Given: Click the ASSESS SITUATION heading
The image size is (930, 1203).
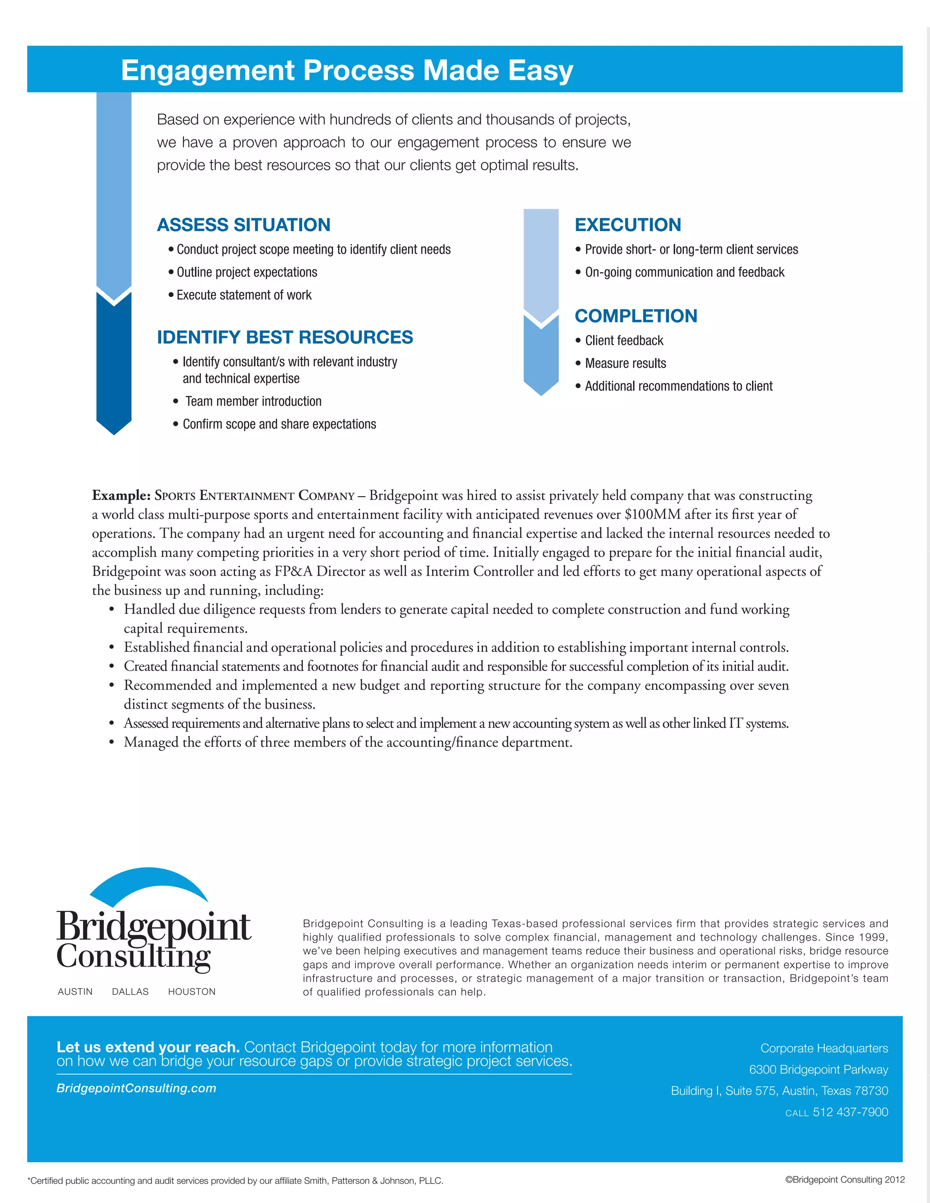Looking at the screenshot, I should pyautogui.click(x=243, y=225).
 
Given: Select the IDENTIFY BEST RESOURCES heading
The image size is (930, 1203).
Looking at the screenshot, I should pyautogui.click(x=285, y=337).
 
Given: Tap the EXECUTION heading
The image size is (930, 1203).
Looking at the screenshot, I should pyautogui.click(x=628, y=225).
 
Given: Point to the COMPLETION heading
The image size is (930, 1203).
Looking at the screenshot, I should pyautogui.click(x=636, y=316).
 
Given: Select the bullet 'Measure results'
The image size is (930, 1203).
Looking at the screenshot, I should pyautogui.click(x=625, y=364).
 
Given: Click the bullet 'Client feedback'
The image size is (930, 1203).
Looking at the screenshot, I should pyautogui.click(x=623, y=341).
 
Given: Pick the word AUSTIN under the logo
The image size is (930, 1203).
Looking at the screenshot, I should pyautogui.click(x=75, y=991).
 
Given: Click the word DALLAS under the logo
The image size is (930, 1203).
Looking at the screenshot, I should pyautogui.click(x=130, y=991).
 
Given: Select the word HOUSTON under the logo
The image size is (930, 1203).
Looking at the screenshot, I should pyautogui.click(x=192, y=991).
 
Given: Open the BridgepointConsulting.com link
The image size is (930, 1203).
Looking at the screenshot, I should pyautogui.click(x=136, y=1089).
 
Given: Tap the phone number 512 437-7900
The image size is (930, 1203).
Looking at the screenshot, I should pyautogui.click(x=850, y=1112).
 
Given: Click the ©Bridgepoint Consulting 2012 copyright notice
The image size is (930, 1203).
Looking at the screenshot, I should pyautogui.click(x=845, y=1180).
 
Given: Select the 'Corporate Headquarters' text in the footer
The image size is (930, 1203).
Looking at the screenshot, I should pyautogui.click(x=824, y=1048).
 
